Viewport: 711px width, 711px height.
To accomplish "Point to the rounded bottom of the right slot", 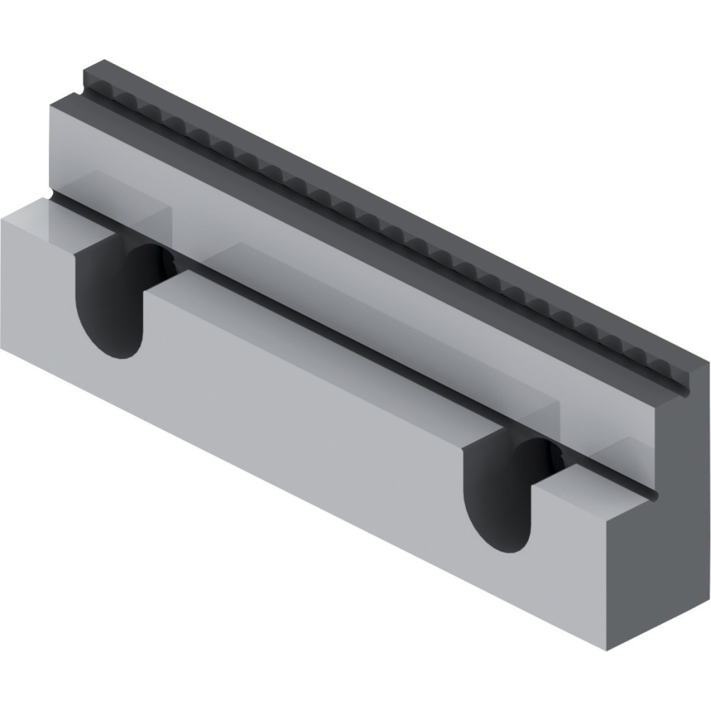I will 502,544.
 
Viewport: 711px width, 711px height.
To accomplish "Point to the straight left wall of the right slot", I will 466,491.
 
